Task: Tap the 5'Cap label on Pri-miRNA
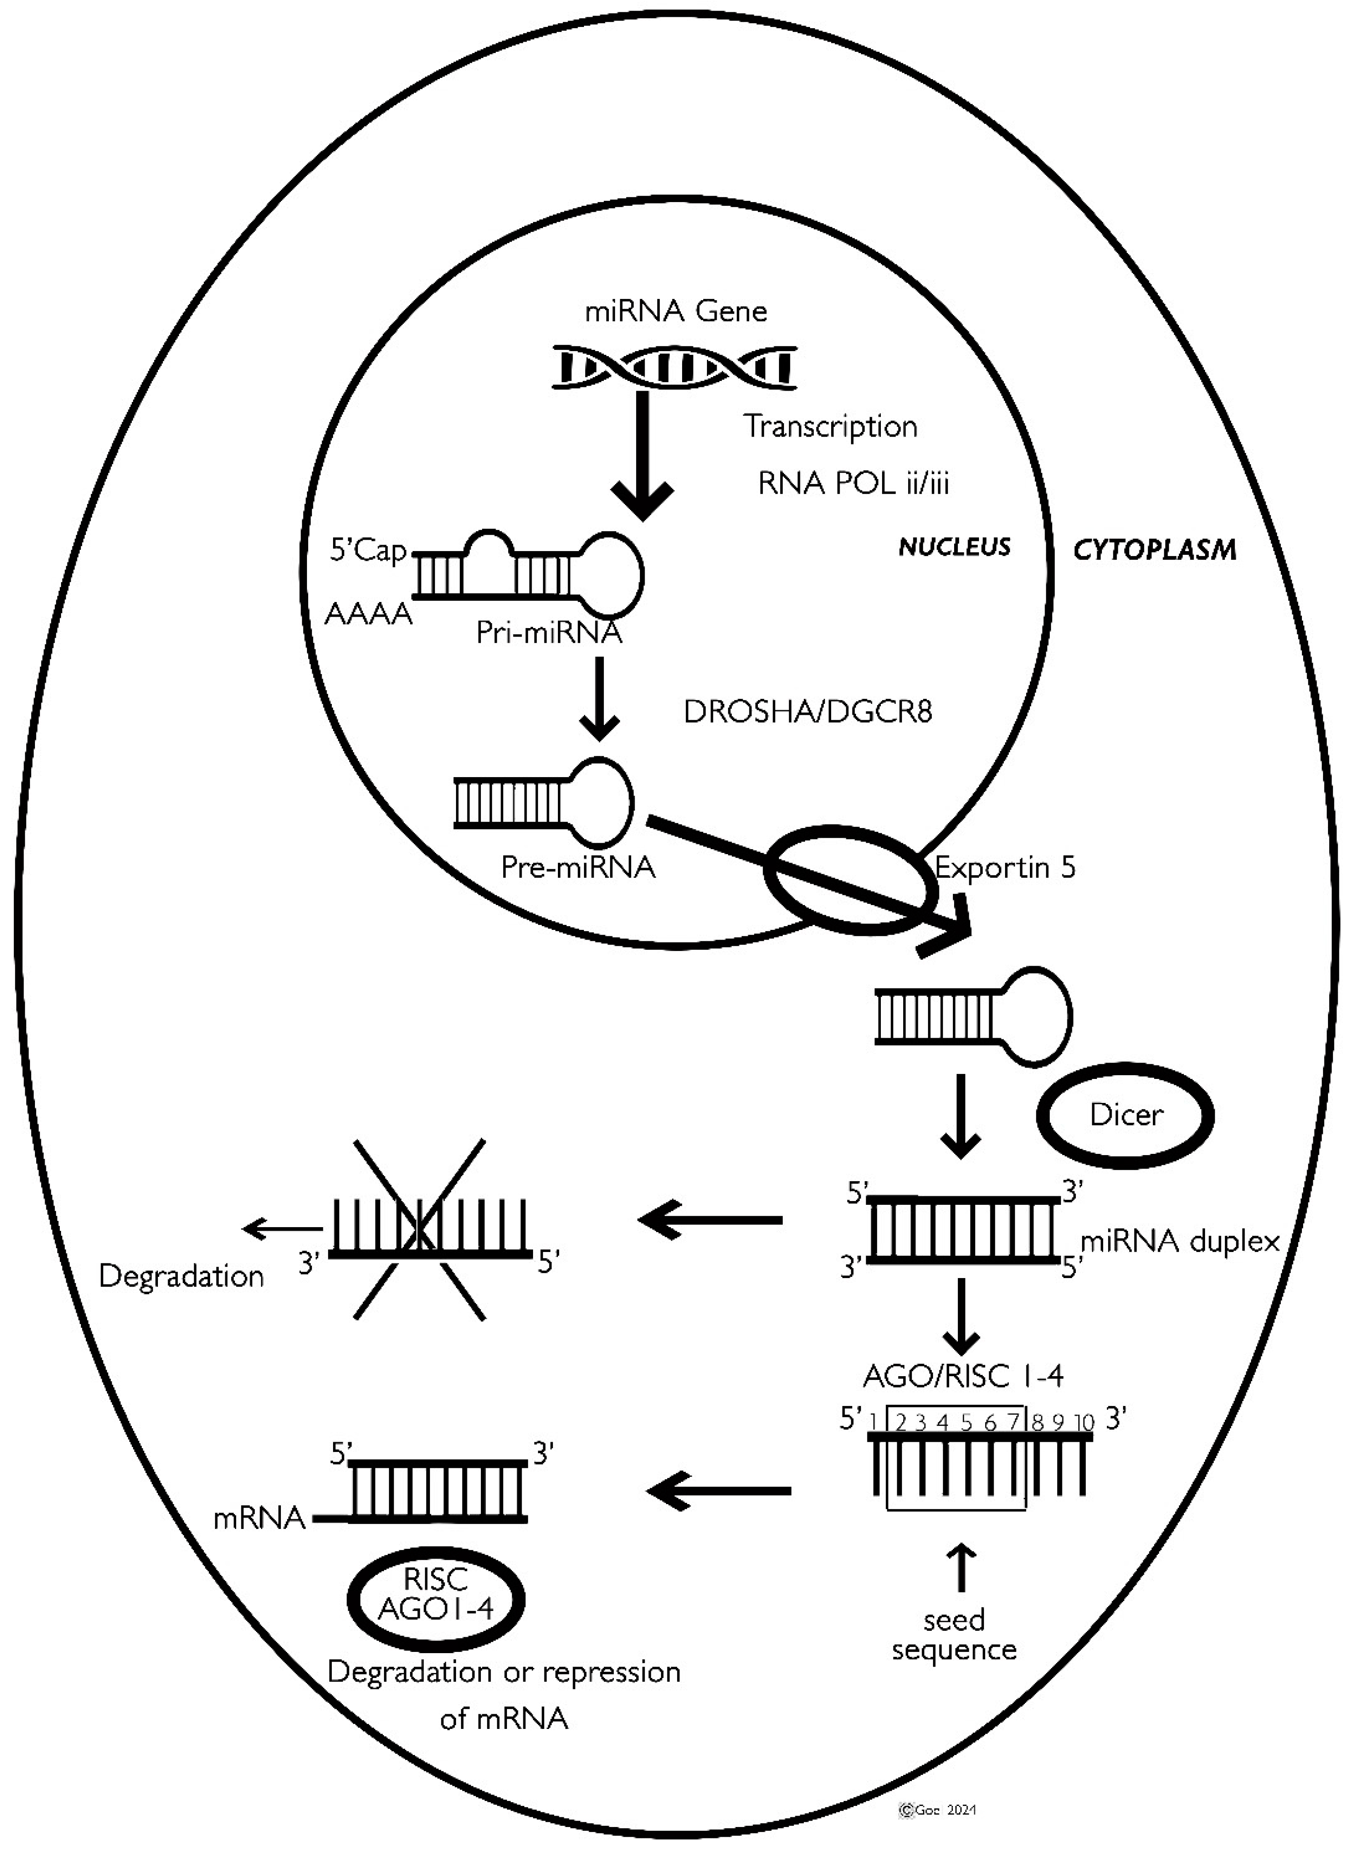368,551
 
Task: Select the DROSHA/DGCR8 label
808,712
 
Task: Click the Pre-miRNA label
578,867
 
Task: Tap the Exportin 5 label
1005,867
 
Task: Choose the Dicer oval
1125,1115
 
